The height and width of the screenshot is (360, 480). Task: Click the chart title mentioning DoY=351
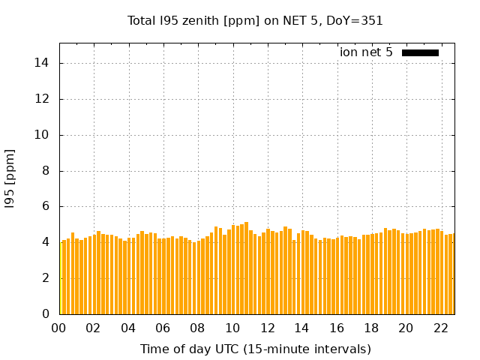[x=255, y=21]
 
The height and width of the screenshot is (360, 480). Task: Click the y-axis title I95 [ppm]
[x=10, y=178]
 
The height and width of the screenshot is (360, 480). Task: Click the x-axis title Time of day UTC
[x=255, y=349]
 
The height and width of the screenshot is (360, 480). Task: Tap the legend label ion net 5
[x=366, y=52]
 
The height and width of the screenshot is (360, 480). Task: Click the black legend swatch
[x=420, y=52]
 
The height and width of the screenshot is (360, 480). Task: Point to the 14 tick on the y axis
[x=43, y=63]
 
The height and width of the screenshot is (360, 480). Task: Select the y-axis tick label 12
[x=43, y=99]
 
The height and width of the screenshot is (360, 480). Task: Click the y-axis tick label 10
[x=43, y=135]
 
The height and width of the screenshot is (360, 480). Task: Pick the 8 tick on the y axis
[x=46, y=170]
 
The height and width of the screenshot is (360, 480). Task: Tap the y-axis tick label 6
[x=46, y=206]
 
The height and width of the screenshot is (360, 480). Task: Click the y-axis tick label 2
[x=46, y=278]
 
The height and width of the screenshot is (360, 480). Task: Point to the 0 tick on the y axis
[x=46, y=314]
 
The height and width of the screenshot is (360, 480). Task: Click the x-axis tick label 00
[x=58, y=328]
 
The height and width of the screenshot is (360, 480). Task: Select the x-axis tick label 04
[x=128, y=328]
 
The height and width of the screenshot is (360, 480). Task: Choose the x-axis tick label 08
[x=197, y=328]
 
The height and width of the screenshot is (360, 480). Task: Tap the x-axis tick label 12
[x=267, y=328]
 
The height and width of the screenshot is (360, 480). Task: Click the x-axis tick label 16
[x=336, y=328]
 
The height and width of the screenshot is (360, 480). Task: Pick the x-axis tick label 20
[x=406, y=328]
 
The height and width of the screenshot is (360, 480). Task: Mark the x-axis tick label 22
[x=440, y=328]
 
